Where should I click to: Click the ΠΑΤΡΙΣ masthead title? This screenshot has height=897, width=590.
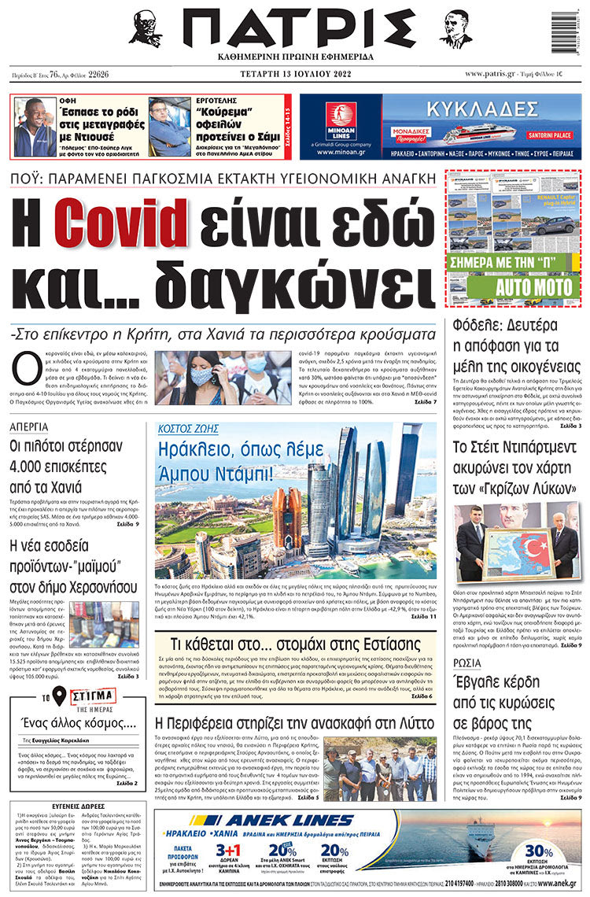tap(294, 31)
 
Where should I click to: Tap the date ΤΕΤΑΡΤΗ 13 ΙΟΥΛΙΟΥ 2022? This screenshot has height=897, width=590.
tap(294, 75)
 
